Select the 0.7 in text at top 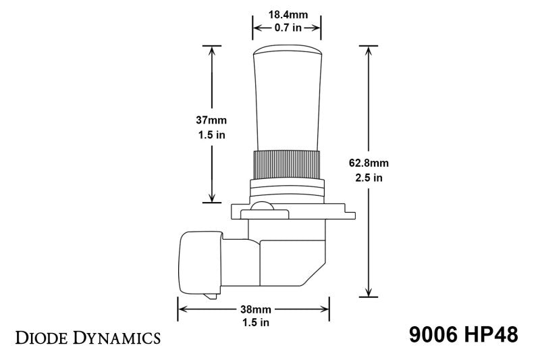click(286, 28)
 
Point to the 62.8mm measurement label click(369, 163)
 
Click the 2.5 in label click(369, 178)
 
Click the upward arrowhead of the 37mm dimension click(213, 50)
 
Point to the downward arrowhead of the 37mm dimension click(213, 198)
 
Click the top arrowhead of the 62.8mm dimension click(369, 50)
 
